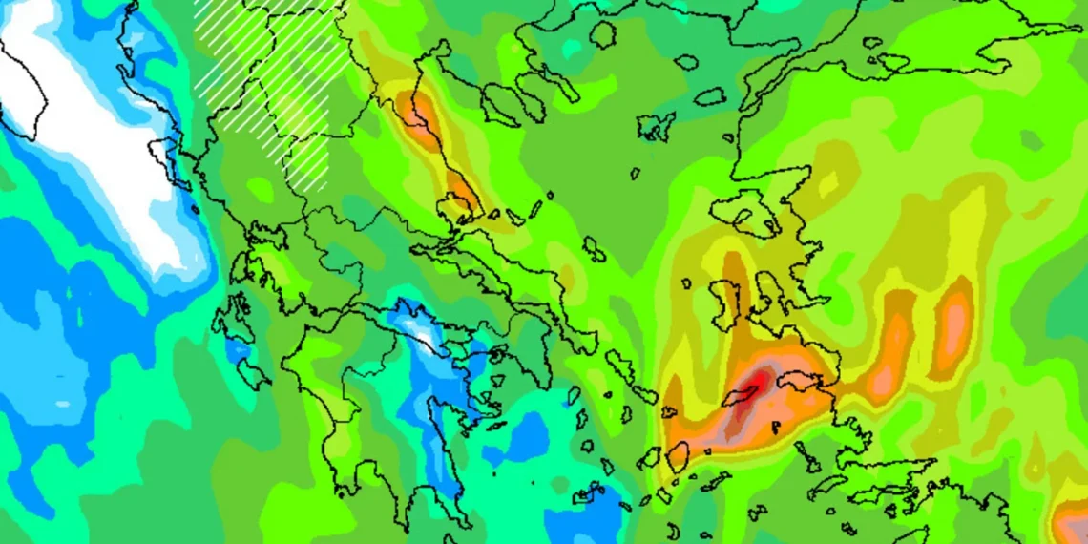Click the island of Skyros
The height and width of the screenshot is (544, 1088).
click(x=594, y=250)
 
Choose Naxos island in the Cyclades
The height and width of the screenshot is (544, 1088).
click(x=679, y=457)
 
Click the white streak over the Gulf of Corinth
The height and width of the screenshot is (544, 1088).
click(x=420, y=329)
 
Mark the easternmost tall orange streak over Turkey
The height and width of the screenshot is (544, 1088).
click(x=952, y=324)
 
